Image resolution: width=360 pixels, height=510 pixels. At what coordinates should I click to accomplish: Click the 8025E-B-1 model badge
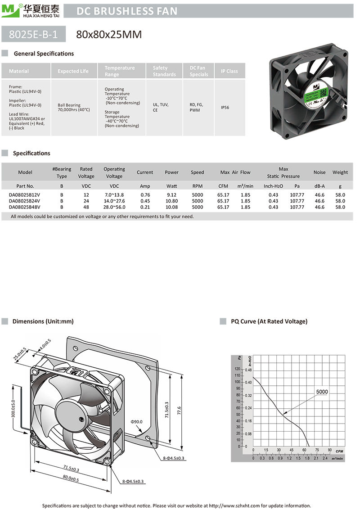[34, 34]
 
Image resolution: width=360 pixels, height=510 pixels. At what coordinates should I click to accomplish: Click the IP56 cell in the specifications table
[225, 108]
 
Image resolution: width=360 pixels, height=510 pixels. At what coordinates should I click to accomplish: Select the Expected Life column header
[73, 71]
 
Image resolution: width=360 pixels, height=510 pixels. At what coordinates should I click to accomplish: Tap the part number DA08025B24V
[25, 201]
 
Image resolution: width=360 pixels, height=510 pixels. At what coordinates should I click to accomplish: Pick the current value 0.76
[145, 194]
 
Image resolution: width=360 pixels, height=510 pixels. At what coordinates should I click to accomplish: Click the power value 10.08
[172, 207]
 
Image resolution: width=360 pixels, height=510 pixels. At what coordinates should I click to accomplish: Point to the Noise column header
[319, 172]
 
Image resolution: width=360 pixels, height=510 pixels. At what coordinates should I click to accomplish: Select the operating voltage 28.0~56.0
[114, 207]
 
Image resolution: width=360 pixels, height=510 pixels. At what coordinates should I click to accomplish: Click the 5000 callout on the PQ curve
[322, 392]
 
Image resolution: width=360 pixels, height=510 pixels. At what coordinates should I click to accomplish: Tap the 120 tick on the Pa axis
[237, 369]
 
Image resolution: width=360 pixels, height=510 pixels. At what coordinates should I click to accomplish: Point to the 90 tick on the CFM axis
[329, 450]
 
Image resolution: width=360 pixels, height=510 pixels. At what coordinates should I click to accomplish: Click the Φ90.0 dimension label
[137, 422]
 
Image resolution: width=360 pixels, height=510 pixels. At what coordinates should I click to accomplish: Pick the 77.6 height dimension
[179, 410]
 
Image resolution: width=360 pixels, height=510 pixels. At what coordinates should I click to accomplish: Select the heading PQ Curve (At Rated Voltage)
[269, 321]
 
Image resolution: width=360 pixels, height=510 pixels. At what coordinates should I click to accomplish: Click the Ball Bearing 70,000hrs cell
[74, 108]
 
